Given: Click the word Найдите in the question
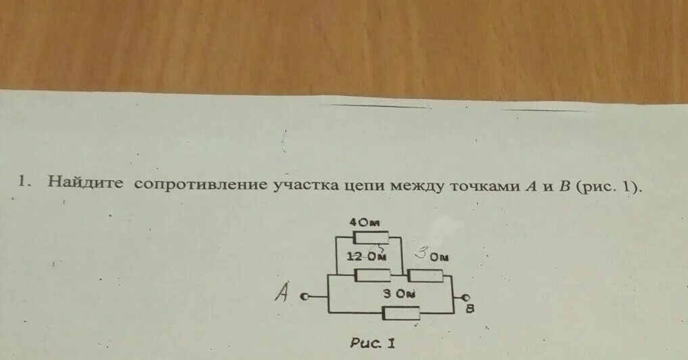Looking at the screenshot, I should tap(85, 183).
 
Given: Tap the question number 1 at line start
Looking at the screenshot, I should tap(23, 181).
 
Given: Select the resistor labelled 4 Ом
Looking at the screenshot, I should tap(371, 237).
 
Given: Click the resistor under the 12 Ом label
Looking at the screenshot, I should tap(371, 275).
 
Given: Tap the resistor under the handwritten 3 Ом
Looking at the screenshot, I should tap(427, 275).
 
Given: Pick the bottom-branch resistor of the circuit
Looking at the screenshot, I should tap(400, 313).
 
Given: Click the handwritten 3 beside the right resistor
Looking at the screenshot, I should tap(421, 255).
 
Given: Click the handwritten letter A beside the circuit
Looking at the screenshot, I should tap(283, 293).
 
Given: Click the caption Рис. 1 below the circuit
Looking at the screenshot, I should tap(373, 343).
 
